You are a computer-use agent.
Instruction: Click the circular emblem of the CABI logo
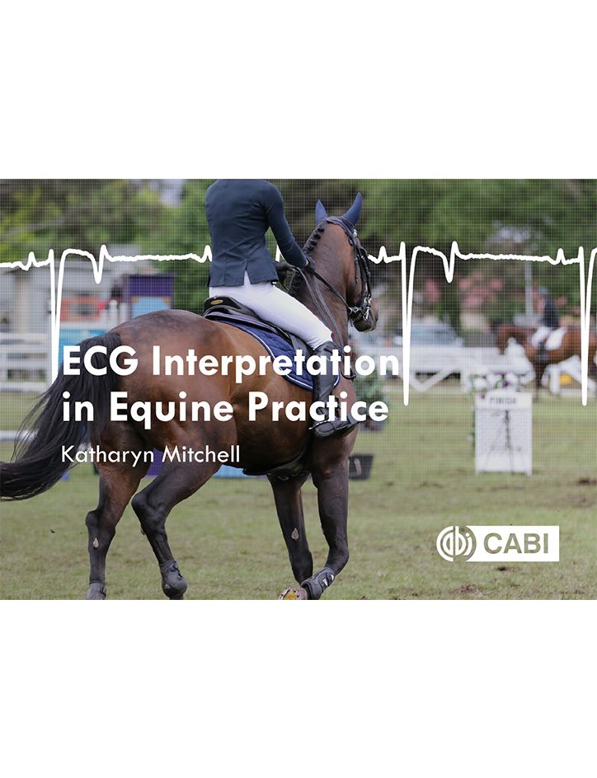455,544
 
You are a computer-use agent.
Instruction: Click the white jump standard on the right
503,429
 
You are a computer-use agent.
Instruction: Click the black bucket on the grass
360,466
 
